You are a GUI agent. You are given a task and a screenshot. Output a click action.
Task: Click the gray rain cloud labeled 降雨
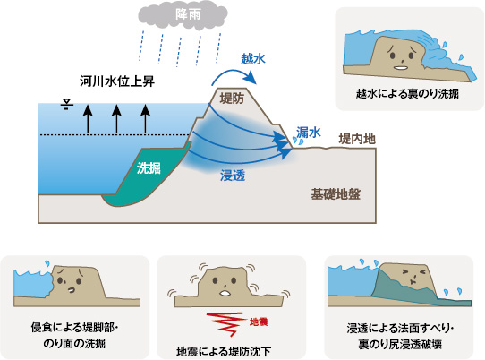[x=183, y=16]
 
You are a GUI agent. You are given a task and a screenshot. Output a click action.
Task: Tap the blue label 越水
[x=253, y=58]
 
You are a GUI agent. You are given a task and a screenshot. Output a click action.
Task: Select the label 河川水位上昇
[x=117, y=81]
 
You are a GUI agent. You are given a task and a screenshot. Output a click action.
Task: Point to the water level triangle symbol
[x=66, y=104]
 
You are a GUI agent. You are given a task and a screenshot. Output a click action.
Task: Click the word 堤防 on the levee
[x=232, y=99]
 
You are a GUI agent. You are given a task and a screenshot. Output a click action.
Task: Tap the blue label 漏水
[x=309, y=133]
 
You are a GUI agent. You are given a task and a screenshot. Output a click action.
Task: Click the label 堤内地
[x=357, y=139]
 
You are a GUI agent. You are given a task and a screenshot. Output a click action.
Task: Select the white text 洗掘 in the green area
[x=149, y=168]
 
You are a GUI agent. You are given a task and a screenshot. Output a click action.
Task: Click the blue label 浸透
[x=233, y=176]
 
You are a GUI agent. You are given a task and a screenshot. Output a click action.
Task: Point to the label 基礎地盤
[x=336, y=194]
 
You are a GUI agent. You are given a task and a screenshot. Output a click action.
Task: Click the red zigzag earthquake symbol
[x=226, y=324]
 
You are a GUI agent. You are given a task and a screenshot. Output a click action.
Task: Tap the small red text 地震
[x=259, y=321]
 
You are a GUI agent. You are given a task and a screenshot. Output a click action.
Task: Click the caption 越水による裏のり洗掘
[x=407, y=93]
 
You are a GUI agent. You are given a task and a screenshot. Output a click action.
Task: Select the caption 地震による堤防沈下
[x=224, y=352]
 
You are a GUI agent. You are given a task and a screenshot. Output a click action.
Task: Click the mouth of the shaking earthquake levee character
[x=225, y=293]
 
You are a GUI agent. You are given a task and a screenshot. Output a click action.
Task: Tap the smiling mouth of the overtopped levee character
[x=401, y=68]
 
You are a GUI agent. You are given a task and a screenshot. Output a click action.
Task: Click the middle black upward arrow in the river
[x=116, y=119]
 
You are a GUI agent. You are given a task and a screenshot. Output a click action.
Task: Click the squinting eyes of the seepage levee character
[x=413, y=272]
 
